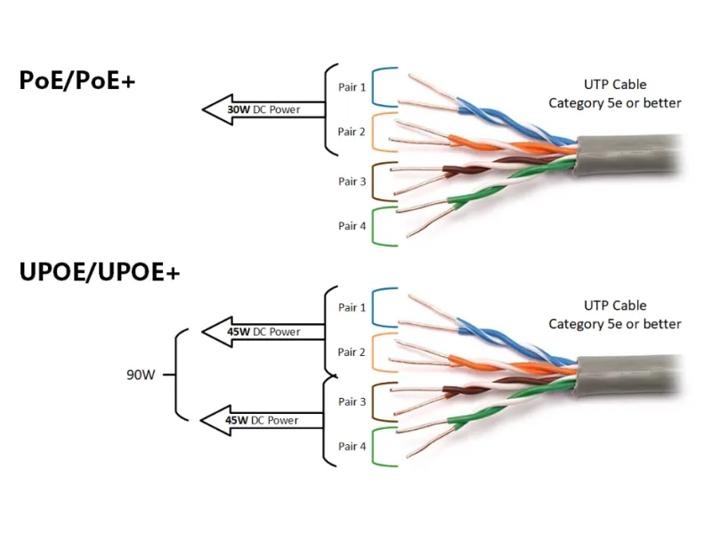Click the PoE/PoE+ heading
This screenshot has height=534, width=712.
[x=77, y=80]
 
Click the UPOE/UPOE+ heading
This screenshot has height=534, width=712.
[x=100, y=272]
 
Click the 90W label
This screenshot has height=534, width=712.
[x=141, y=375]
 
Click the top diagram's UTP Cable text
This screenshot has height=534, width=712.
[x=615, y=85]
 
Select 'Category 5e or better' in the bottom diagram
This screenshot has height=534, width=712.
[x=615, y=324]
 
